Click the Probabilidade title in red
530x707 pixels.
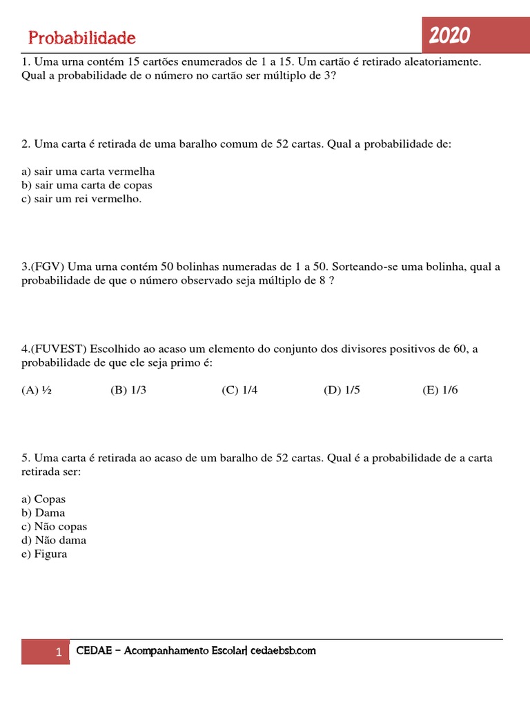[x=82, y=37]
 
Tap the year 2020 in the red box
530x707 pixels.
[x=449, y=35]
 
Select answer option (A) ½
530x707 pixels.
[x=37, y=390]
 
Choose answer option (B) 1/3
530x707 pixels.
[x=128, y=390]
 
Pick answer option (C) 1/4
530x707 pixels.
[x=239, y=390]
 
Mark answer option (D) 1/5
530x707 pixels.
[x=342, y=390]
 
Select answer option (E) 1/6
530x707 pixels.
[x=440, y=390]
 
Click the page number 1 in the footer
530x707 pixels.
[x=59, y=652]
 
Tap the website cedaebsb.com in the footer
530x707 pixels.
[x=283, y=650]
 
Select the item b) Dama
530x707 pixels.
[x=43, y=513]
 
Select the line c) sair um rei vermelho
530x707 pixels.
[x=81, y=199]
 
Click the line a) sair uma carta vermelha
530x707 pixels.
[x=88, y=171]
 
